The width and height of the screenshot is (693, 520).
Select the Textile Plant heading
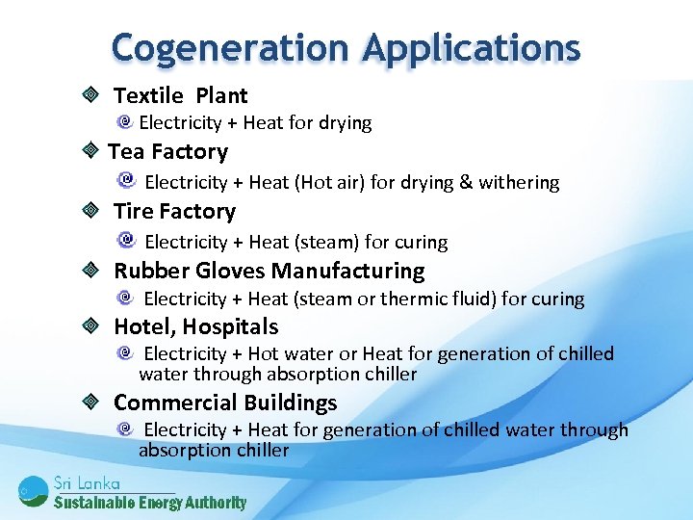coord(180,95)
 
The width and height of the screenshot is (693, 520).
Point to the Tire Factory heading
coord(174,211)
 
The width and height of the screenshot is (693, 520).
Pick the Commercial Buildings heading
coord(225,402)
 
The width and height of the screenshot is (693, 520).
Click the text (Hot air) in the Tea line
coord(334,182)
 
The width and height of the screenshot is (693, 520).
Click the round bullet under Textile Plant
coord(125,122)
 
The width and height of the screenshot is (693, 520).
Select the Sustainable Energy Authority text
coord(149,503)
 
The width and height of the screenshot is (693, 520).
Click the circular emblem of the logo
coord(32,491)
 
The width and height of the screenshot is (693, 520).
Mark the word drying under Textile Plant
coord(346,122)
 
